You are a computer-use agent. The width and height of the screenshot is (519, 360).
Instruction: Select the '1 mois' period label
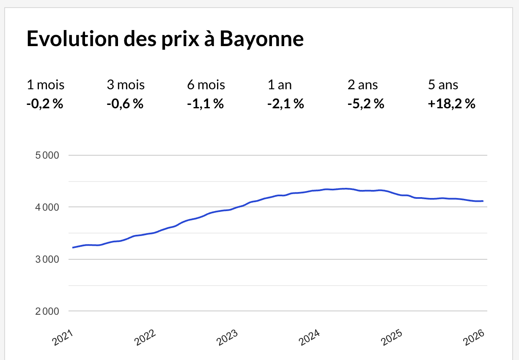(46, 85)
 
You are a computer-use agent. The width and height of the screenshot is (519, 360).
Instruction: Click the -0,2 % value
(45, 103)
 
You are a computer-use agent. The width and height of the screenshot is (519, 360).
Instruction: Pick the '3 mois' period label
(126, 85)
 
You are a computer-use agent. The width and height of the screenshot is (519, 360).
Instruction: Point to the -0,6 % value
(125, 103)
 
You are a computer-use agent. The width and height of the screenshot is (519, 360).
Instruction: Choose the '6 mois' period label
(206, 85)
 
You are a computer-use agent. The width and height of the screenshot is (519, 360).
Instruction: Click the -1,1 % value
(205, 103)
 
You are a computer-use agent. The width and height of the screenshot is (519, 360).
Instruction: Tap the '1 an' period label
(280, 85)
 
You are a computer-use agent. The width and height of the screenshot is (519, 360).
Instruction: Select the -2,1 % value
(286, 103)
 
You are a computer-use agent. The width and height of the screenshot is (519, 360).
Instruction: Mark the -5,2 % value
(366, 103)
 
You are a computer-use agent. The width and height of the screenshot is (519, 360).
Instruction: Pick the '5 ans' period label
(443, 85)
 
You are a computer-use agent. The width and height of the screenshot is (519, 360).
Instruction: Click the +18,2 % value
(452, 103)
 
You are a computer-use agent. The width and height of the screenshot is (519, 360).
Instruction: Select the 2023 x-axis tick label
(228, 337)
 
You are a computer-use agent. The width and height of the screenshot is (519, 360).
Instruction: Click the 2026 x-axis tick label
(475, 337)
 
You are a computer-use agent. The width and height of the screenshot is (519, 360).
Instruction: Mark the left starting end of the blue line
(73, 247)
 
